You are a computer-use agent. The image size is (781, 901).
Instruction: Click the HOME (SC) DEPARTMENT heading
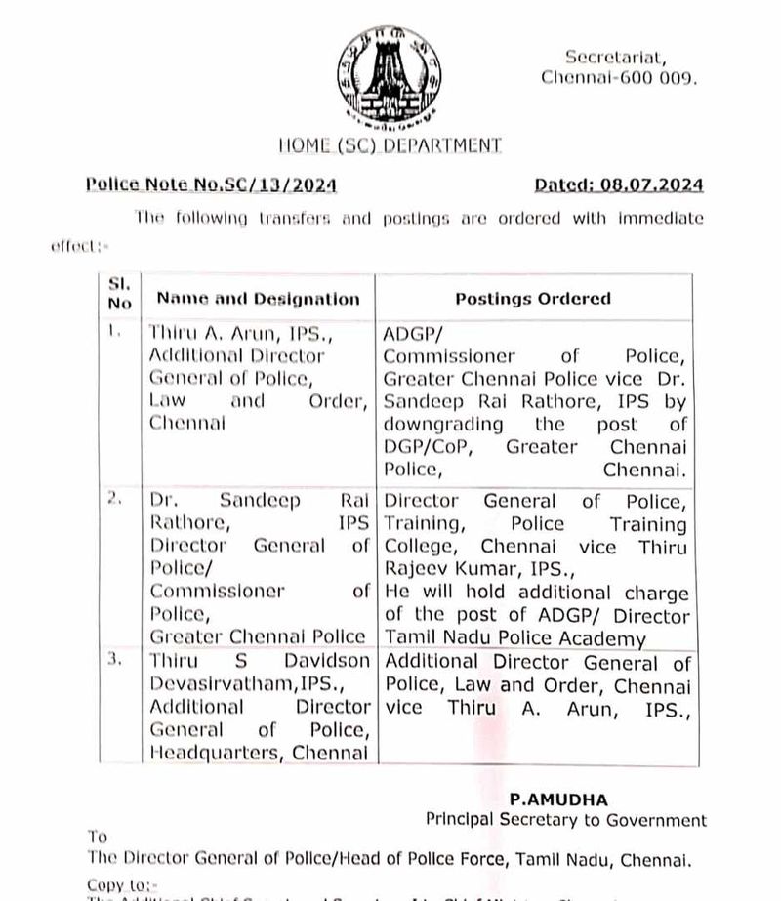pyautogui.click(x=390, y=145)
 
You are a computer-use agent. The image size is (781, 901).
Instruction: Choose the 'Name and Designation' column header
pyautogui.click(x=258, y=299)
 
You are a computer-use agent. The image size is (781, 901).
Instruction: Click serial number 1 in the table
pyautogui.click(x=116, y=332)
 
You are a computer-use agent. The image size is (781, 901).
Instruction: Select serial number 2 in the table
pyautogui.click(x=116, y=500)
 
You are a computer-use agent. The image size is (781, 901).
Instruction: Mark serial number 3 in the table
pyautogui.click(x=116, y=660)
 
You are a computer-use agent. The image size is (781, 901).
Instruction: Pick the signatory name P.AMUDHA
pyautogui.click(x=564, y=798)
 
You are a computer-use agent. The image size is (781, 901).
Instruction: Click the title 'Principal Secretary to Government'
pyautogui.click(x=565, y=820)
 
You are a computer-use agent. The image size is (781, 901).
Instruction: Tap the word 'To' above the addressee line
pyautogui.click(x=98, y=837)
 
